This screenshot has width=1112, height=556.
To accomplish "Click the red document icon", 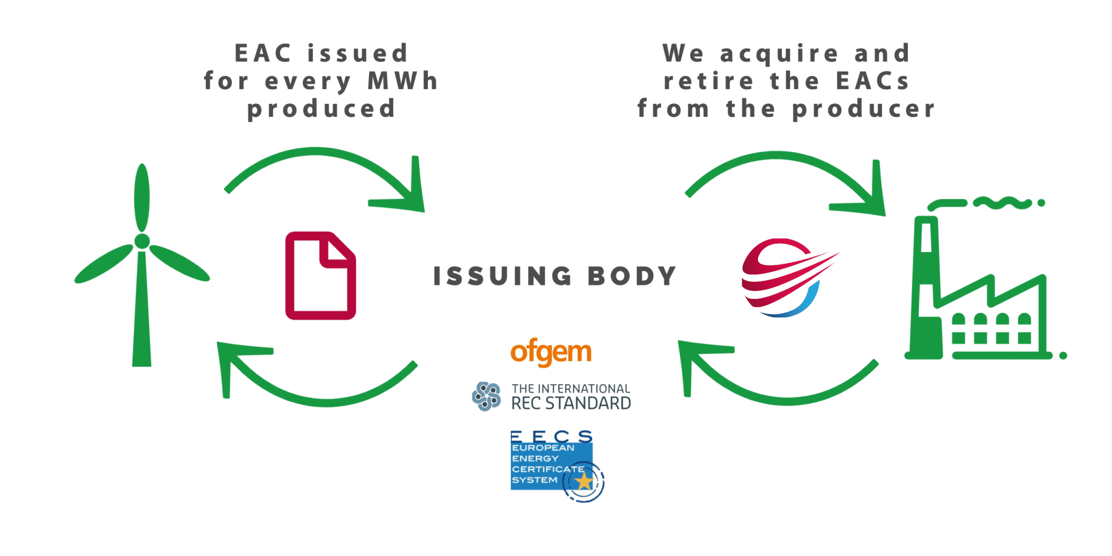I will click(x=320, y=276).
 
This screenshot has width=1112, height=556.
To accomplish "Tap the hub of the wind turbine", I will click(x=142, y=241).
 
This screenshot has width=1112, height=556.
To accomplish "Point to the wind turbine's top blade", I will click(x=142, y=198).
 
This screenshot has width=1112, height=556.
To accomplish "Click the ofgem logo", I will click(x=551, y=352).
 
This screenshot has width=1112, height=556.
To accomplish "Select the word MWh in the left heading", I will click(x=403, y=81).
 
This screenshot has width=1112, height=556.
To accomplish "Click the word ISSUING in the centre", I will click(x=502, y=276).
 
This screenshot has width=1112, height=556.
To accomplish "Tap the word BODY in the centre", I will click(x=632, y=276).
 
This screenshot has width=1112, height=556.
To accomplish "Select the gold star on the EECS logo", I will click(x=584, y=481).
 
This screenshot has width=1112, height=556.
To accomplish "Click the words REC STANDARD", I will click(x=571, y=403).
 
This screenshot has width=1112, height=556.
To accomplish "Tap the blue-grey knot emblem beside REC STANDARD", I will click(x=486, y=396).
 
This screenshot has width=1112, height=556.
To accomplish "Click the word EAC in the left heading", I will click(x=263, y=53).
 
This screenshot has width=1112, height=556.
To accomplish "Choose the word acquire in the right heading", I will click(x=779, y=54).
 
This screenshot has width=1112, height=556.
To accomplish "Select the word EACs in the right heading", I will click(x=872, y=81).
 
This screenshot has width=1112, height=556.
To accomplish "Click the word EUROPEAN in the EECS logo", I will click(x=542, y=448).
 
